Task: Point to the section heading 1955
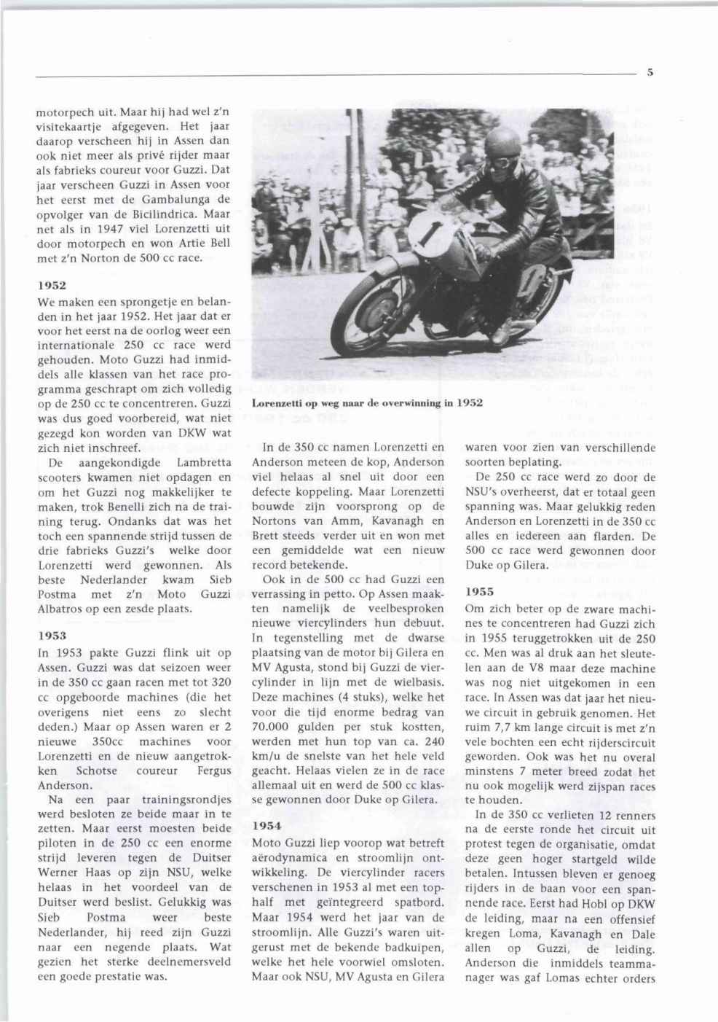tap(479, 593)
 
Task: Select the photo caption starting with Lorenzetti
tap(367, 403)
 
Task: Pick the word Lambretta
tap(204, 463)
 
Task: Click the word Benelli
tap(151, 507)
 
